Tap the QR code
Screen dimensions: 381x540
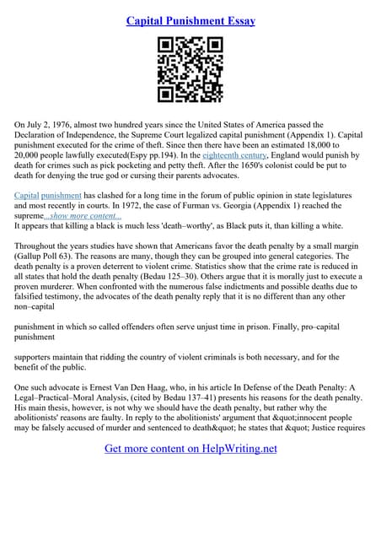pos(190,70)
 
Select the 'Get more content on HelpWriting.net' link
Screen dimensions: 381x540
pos(190,449)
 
